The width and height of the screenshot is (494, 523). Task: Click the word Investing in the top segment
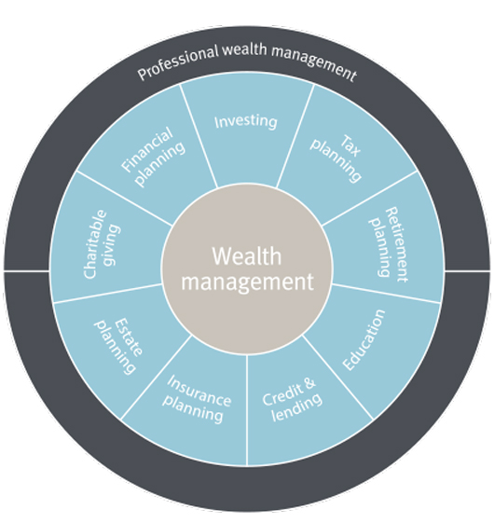click(246, 122)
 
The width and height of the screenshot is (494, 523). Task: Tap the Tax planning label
click(336, 158)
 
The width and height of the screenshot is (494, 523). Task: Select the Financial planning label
click(154, 156)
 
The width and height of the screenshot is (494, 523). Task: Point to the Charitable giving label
click(102, 244)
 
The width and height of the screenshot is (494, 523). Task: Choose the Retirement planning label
click(389, 244)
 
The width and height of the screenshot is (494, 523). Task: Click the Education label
click(364, 339)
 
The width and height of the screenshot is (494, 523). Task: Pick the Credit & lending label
click(292, 400)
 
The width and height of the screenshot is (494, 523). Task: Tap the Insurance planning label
click(197, 399)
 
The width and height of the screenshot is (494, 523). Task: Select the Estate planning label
click(119, 346)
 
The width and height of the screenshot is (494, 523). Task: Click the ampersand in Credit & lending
click(309, 384)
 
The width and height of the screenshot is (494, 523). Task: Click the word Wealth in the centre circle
click(247, 256)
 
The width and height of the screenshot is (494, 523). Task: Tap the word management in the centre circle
click(247, 282)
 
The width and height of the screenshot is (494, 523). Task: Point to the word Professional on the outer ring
click(178, 62)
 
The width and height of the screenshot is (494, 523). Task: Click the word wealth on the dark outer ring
click(245, 49)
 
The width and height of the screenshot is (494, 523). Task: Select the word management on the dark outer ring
click(314, 63)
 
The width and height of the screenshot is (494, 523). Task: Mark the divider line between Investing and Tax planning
click(295, 135)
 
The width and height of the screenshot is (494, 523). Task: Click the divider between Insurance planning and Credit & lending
click(247, 410)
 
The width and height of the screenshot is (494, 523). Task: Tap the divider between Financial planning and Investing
click(199, 135)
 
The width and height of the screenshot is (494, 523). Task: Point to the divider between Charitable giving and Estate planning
click(108, 294)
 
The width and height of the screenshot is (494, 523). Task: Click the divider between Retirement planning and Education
click(386, 294)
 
